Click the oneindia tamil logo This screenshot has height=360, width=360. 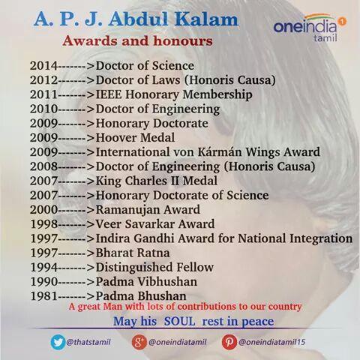[310, 28]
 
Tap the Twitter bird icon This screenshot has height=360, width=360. [58, 342]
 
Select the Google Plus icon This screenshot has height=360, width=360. [139, 342]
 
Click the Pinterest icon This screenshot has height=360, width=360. [229, 342]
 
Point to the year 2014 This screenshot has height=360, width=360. [44, 66]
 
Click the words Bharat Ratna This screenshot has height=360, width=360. [133, 253]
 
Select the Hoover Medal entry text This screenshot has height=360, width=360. [135, 138]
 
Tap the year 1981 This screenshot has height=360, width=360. [44, 296]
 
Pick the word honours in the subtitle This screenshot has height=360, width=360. [183, 41]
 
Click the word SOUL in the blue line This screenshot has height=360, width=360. [179, 321]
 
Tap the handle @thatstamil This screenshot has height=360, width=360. [88, 342]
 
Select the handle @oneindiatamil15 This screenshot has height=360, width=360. [272, 342]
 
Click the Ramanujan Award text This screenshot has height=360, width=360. [148, 210]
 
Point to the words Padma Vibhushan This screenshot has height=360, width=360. [146, 282]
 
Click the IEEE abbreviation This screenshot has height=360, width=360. [109, 94]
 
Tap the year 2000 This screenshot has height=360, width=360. [44, 210]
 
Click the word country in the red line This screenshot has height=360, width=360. [285, 307]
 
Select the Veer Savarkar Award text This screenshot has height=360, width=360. [155, 224]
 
